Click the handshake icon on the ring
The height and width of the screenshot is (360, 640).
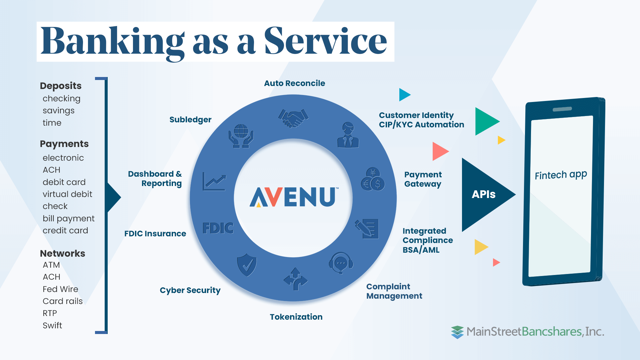coord(293,118)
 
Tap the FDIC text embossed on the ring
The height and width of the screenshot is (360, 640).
coord(218,228)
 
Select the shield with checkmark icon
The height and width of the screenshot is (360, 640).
coord(247,265)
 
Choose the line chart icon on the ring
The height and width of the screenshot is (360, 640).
coord(214,182)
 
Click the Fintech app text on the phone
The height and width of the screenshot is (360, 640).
coord(561,175)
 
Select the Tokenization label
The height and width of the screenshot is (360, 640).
coord(296,317)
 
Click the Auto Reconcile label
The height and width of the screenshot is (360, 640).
coord(294,83)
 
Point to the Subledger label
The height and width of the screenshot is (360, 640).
coord(190,120)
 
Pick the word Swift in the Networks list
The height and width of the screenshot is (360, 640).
coord(52,325)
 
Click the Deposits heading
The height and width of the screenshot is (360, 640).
coord(61,86)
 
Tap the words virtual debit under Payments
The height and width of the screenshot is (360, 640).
coord(67,194)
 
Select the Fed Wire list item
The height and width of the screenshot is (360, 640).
coord(60,289)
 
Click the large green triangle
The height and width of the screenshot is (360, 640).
coord(485,121)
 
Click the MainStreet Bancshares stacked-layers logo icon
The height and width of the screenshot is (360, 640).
coord(457,332)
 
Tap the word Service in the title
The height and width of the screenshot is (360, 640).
coord(325,41)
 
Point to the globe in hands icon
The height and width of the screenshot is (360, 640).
coord(241,136)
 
